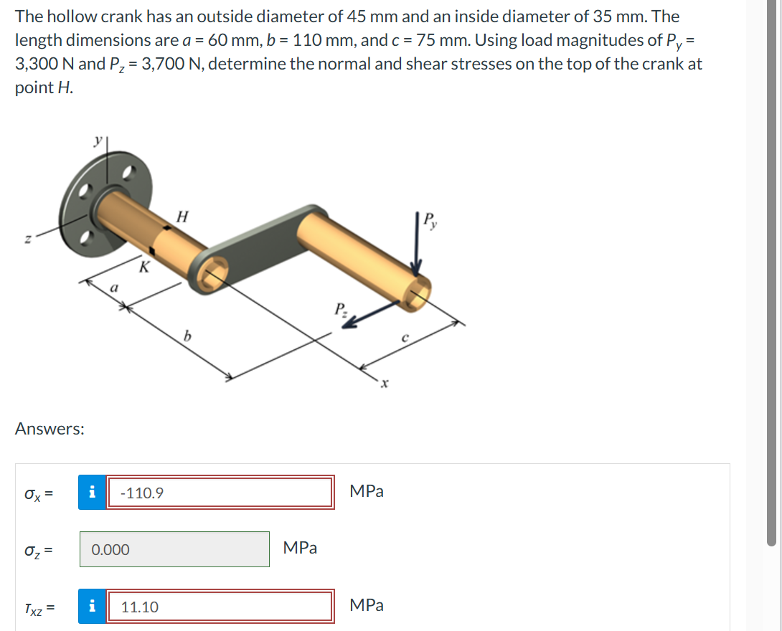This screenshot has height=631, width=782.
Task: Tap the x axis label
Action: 385,386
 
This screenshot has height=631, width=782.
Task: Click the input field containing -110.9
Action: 220,493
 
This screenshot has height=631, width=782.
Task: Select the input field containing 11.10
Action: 220,607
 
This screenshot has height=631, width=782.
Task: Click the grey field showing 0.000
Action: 174,549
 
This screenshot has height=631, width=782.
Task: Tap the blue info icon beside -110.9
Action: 91,493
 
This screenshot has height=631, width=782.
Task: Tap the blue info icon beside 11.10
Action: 91,607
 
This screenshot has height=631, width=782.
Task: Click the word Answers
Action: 50,429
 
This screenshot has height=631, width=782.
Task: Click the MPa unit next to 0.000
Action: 300,548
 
